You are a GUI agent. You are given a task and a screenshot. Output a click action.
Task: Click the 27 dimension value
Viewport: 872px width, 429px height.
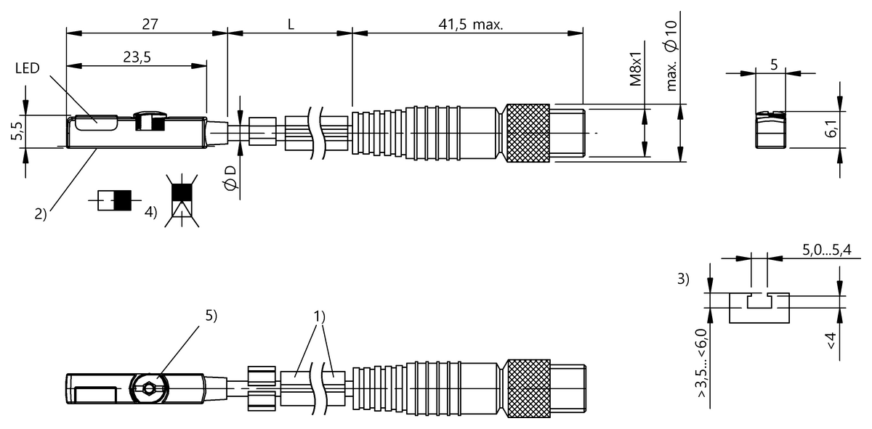pyautogui.click(x=150, y=23)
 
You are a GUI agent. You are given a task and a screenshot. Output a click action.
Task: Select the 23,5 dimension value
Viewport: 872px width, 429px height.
pyautogui.click(x=137, y=59)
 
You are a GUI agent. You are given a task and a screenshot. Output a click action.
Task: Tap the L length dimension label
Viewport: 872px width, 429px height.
pyautogui.click(x=290, y=23)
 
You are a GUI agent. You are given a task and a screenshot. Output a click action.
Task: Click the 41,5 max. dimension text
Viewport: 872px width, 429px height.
pyautogui.click(x=469, y=23)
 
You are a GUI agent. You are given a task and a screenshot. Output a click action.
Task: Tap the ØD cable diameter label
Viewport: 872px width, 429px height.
pyautogui.click(x=230, y=179)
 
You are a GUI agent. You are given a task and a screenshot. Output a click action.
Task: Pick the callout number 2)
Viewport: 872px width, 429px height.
pyautogui.click(x=40, y=213)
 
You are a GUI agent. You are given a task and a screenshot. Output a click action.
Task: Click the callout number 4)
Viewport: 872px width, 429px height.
pyautogui.click(x=150, y=213)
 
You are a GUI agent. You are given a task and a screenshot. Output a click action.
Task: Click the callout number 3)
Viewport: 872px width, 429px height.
pyautogui.click(x=682, y=279)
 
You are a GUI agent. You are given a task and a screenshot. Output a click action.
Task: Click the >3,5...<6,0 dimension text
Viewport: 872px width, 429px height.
pyautogui.click(x=702, y=359)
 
